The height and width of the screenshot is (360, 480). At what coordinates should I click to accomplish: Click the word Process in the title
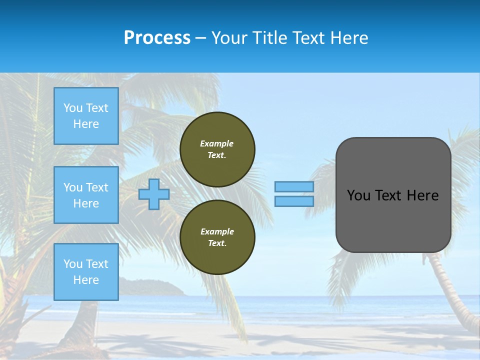(157, 38)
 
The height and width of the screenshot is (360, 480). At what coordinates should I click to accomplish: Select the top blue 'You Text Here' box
(86, 116)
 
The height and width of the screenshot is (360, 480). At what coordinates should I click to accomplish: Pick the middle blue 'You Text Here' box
(86, 195)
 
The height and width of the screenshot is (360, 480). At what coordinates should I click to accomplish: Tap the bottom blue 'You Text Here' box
(86, 271)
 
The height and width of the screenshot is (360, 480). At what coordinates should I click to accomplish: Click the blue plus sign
(154, 194)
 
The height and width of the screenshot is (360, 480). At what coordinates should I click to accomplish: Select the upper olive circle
(217, 149)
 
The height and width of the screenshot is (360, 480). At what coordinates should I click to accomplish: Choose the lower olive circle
(217, 237)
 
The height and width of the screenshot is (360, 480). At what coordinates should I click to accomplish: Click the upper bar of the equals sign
(294, 186)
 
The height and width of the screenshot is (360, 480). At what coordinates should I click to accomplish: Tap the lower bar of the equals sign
(294, 201)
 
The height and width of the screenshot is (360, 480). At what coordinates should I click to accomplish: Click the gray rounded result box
(393, 220)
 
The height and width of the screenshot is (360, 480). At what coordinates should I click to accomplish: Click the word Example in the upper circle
(217, 143)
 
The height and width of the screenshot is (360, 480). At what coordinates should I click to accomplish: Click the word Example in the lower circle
(217, 231)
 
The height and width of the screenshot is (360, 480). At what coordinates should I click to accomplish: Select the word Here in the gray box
(422, 195)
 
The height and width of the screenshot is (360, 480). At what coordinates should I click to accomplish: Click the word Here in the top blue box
(86, 124)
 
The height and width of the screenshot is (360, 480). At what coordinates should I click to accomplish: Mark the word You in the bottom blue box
(72, 264)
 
